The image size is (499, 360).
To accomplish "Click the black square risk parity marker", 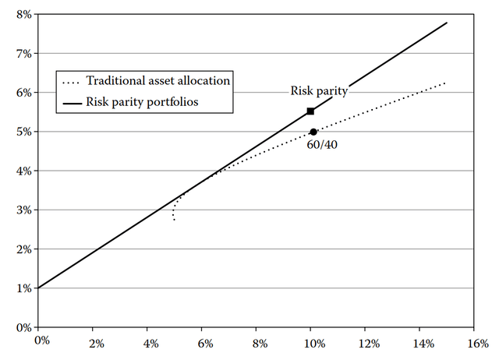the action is click(x=310, y=111).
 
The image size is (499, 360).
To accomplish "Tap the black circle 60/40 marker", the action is click(x=313, y=132).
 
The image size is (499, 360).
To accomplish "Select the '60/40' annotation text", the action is click(x=322, y=145).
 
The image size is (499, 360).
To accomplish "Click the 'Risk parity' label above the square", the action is click(x=319, y=91).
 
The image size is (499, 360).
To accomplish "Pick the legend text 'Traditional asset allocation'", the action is click(x=158, y=81).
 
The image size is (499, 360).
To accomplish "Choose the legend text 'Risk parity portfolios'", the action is click(x=142, y=102).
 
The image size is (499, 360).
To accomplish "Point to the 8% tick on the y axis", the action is click(x=37, y=14).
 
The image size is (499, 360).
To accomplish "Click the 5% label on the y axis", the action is click(x=24, y=132).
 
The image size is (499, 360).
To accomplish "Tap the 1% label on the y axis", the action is click(x=24, y=288).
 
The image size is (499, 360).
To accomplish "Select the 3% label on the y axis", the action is click(x=24, y=210).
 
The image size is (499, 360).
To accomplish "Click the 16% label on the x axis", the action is click(x=477, y=344).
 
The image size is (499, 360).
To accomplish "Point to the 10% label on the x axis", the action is click(x=314, y=344).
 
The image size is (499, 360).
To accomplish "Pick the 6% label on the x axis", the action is click(x=205, y=344).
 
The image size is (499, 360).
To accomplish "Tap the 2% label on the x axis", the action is click(x=97, y=344).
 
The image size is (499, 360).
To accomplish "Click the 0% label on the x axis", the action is click(x=42, y=341).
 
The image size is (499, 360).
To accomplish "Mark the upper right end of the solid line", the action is click(x=447, y=23).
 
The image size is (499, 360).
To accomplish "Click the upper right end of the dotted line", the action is click(x=444, y=83).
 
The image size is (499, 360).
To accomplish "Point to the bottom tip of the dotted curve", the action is click(x=175, y=220).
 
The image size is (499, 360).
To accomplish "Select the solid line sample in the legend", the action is click(x=73, y=104).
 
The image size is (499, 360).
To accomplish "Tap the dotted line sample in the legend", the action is click(x=71, y=83).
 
